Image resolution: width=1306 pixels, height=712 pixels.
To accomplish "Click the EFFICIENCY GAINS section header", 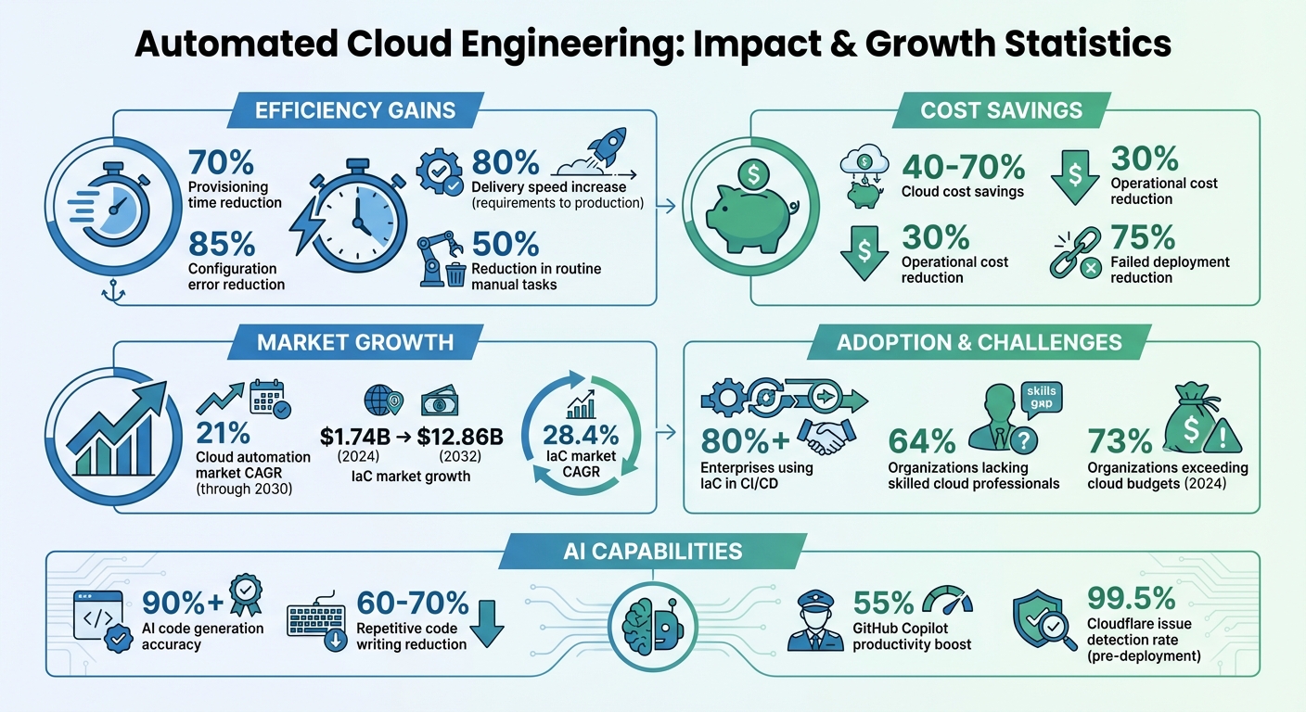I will point(355,111).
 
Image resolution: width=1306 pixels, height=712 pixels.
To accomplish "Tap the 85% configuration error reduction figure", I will point(222,244).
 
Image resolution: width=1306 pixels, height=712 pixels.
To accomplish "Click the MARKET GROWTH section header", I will point(355,342).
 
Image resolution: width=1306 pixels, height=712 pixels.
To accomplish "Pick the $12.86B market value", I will point(460,436).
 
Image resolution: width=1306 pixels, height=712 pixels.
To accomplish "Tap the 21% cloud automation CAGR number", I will point(224,433).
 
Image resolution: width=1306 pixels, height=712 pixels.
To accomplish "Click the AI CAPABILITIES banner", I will point(652,552).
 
